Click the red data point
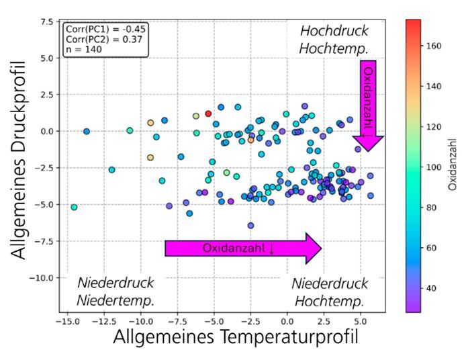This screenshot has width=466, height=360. (x=208, y=114)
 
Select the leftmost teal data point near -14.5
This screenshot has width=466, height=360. (x=74, y=208)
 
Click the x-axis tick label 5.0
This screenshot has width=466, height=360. (x=361, y=321)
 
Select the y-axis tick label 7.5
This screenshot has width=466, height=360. (x=46, y=22)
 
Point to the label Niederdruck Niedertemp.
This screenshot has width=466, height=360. (x=115, y=291)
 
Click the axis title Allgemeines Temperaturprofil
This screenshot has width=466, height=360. (x=235, y=339)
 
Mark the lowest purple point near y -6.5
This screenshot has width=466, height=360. (x=250, y=226)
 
